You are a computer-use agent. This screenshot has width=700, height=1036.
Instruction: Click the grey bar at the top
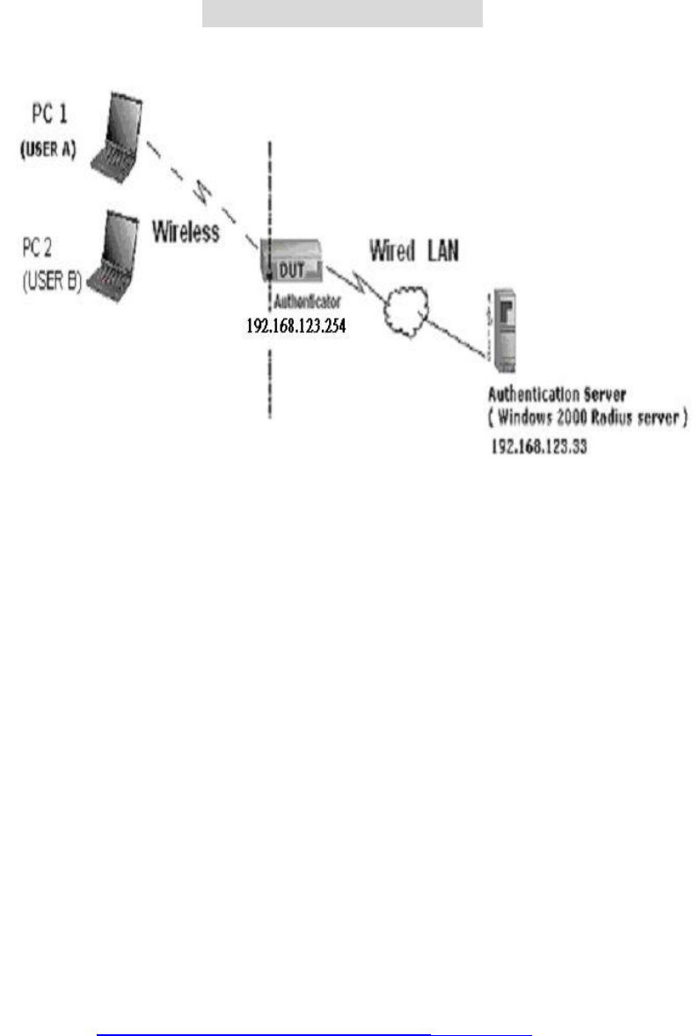(342, 13)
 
